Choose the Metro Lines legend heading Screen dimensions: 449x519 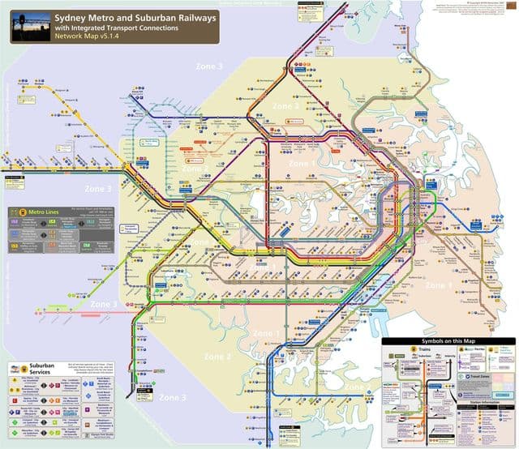click(47, 213)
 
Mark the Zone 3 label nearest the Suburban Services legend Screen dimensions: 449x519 click(172, 397)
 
